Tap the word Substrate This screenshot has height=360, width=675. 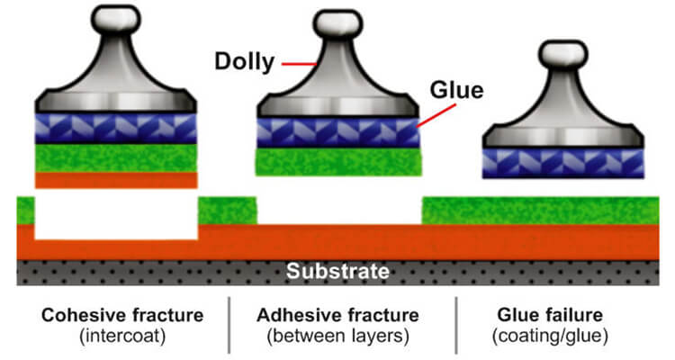point(337,271)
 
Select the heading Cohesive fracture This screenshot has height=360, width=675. point(121,316)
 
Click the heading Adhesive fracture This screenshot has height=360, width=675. point(337,316)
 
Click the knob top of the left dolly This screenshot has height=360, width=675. point(115,16)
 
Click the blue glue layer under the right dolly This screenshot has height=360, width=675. point(562,163)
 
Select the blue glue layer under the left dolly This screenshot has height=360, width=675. point(115,128)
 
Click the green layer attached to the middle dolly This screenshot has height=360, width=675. point(339,162)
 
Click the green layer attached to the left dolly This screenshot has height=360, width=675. point(115,157)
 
